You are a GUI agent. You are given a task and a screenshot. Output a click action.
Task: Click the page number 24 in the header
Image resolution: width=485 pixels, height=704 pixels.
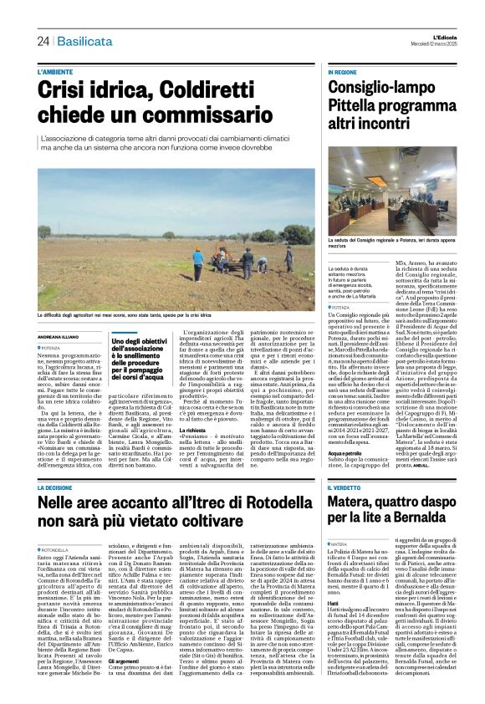(x=43, y=41)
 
